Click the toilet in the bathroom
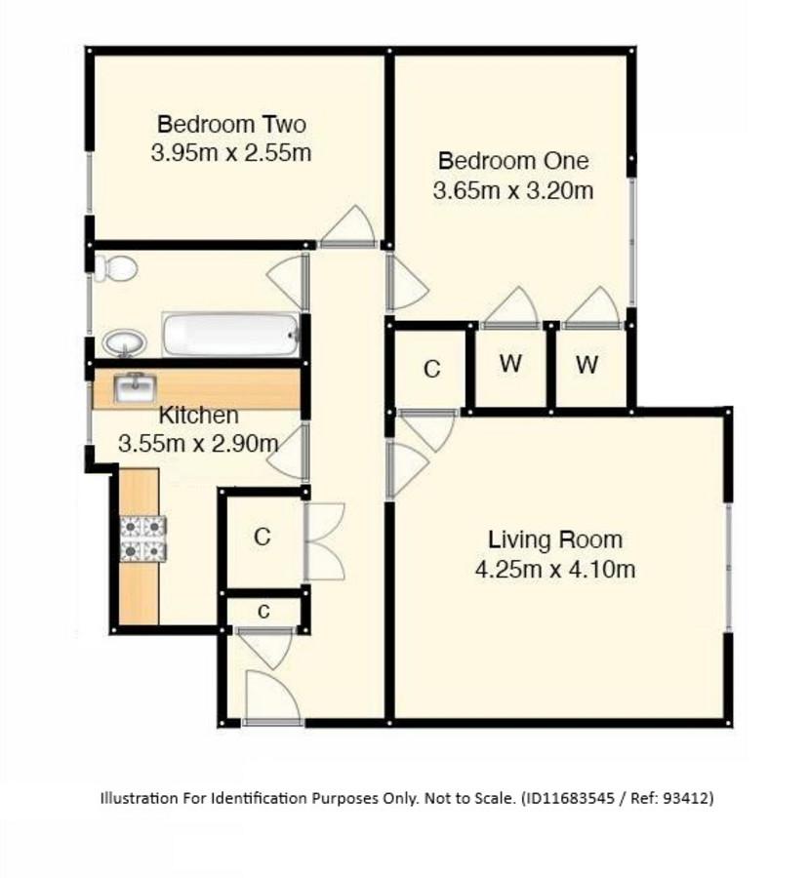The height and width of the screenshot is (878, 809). pyautogui.click(x=115, y=268)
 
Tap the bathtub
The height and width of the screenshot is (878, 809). pyautogui.click(x=231, y=335)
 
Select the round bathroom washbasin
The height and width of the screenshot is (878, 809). pyautogui.click(x=124, y=342)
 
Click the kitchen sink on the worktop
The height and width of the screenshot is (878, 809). pyautogui.click(x=135, y=388)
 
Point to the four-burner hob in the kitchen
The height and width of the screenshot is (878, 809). pyautogui.click(x=143, y=539)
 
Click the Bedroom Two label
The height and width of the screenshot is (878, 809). pyautogui.click(x=231, y=124)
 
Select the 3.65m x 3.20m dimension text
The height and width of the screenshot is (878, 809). pyautogui.click(x=513, y=190)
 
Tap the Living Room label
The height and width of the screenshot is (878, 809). pyautogui.click(x=555, y=539)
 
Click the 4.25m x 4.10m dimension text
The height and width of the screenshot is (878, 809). pyautogui.click(x=555, y=570)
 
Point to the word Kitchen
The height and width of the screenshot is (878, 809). pyautogui.click(x=199, y=416)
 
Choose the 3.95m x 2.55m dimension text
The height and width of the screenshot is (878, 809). pyautogui.click(x=231, y=153)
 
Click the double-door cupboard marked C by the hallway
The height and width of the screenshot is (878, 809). pyautogui.click(x=263, y=537)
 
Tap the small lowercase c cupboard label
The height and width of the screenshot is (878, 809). pyautogui.click(x=263, y=611)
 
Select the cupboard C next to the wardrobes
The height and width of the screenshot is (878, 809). pyautogui.click(x=432, y=369)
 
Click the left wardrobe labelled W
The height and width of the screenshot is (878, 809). pyautogui.click(x=510, y=364)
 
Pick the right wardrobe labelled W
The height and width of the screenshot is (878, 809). pyautogui.click(x=587, y=365)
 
